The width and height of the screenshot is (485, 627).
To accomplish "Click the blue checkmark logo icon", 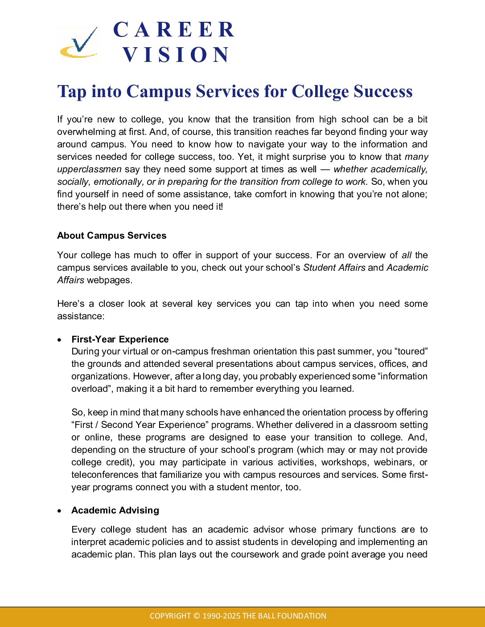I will (x=80, y=43).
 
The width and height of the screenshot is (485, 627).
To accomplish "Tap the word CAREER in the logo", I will (x=174, y=30).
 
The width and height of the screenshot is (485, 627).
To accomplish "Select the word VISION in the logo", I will (x=177, y=55).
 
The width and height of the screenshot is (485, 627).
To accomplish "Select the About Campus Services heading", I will (x=111, y=236).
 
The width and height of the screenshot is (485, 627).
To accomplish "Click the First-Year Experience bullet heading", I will (x=120, y=339).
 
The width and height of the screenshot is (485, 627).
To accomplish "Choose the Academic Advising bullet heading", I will (x=115, y=510).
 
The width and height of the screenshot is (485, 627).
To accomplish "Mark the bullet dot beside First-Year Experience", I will (x=60, y=340).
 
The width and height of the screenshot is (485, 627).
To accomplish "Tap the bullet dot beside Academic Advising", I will (x=60, y=511).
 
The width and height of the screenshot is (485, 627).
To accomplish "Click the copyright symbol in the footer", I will (x=197, y=616).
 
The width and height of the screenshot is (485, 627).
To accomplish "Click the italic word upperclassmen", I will (x=89, y=169).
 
